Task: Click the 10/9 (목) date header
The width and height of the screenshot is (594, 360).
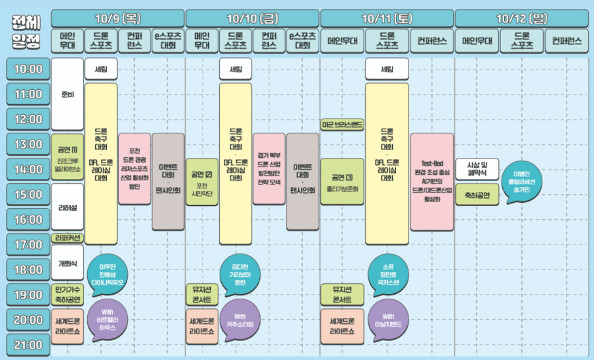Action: pos(117,17)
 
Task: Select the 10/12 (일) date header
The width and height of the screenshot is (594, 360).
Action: pos(520,17)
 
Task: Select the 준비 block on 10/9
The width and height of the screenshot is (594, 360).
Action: pos(67,94)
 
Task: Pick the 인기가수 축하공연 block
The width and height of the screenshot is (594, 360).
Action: pos(67,294)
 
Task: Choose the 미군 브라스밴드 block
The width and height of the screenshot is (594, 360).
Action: pos(342,124)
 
